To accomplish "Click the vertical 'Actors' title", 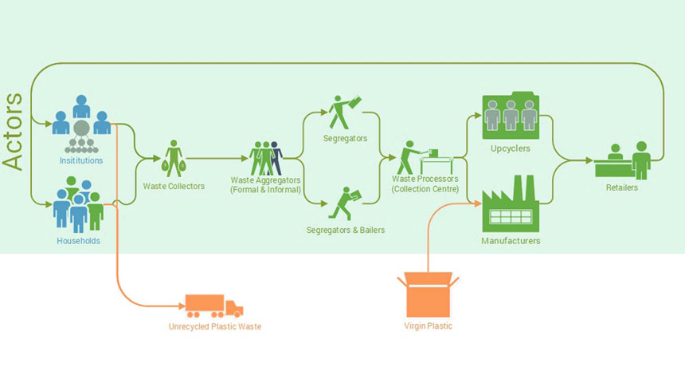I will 14,131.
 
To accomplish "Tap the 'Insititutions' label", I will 81,160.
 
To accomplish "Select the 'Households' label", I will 78,241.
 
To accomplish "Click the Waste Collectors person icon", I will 174,158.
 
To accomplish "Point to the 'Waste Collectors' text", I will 174,186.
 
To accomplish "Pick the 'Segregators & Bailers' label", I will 346,230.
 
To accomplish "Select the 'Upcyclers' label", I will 511,148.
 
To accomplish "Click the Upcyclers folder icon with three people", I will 511,115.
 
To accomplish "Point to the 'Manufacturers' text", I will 511,240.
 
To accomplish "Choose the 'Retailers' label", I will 621,188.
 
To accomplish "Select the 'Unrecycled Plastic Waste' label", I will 215,326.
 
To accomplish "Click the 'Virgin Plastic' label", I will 429,326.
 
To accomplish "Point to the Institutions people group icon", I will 80,124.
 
